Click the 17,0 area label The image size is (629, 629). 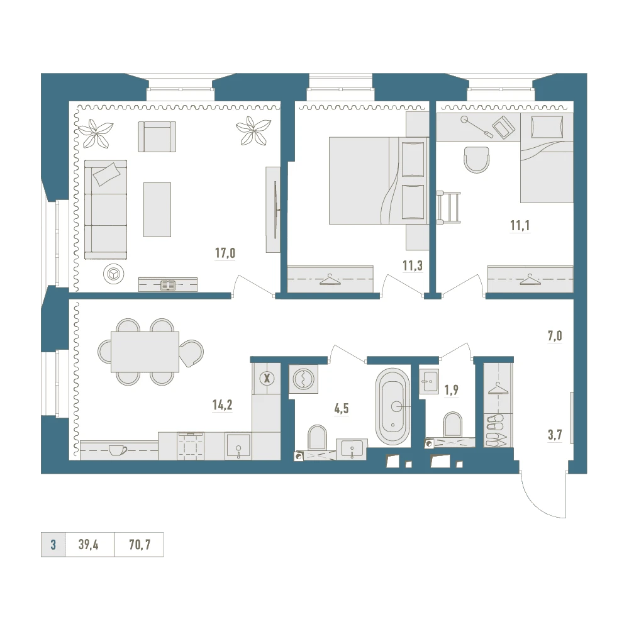225,253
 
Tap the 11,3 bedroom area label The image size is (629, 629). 413,265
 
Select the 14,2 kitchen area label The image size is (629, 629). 222,404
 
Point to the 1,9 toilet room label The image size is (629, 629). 451,390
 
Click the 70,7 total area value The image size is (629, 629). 140,544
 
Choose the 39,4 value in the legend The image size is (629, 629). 89,544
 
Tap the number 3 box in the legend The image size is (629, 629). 53,545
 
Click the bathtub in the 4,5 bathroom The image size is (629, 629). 392,406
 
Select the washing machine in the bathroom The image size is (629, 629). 304,379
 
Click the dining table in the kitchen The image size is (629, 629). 145,352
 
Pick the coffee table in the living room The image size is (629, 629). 157,209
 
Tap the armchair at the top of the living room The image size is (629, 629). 157,136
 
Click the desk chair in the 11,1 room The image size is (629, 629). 477,159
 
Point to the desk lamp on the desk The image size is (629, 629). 477,127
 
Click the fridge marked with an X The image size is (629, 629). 267,378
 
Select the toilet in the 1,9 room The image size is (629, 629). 453,425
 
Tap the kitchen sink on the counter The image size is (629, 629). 238,446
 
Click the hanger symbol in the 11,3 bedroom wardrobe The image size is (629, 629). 330,280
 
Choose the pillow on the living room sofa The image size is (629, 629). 106,174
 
